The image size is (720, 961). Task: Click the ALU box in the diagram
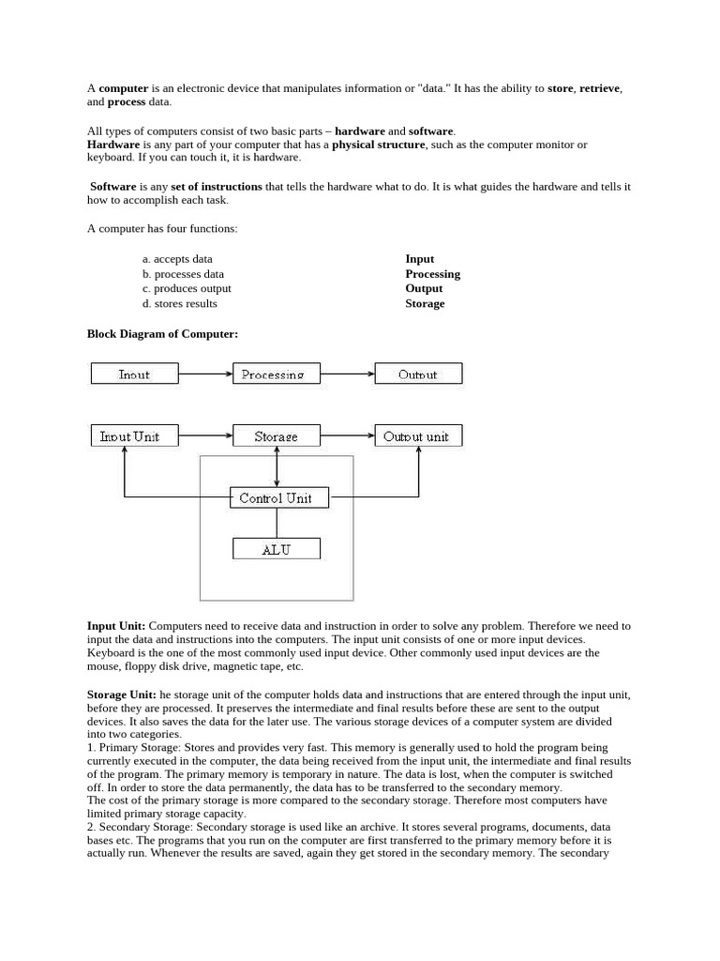277,549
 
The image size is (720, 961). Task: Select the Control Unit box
279,497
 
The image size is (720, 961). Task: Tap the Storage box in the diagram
277,436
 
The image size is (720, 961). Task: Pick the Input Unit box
130,436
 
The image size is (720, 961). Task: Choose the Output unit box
418,436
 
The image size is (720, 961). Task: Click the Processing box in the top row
276,374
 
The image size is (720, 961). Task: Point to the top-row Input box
134,374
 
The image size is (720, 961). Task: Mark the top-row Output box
418,374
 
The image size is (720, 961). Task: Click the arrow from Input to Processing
205,374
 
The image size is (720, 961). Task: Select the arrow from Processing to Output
348,374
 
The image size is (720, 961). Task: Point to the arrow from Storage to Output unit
348,435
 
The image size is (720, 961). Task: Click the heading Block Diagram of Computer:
162,334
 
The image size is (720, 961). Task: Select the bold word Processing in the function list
432,274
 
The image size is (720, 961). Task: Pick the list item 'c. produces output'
187,288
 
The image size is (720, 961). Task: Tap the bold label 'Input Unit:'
116,626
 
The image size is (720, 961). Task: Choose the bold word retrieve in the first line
599,88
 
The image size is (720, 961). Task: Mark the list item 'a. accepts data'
177,259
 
